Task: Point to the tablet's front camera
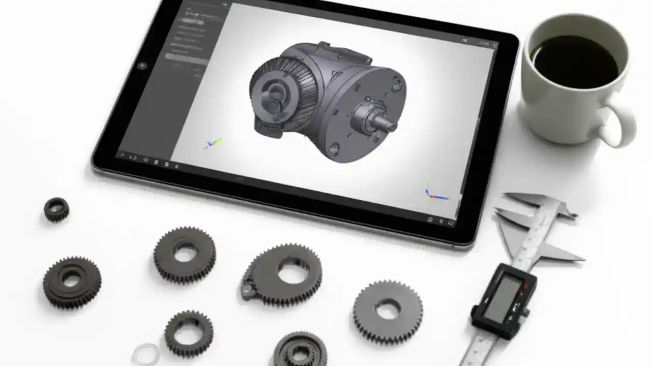pos(142,66)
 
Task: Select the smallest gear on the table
pos(56,209)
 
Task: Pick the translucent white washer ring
pos(145,354)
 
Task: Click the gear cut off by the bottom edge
pos(300,351)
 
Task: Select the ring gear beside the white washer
pos(189,333)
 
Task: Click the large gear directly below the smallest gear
pos(71,281)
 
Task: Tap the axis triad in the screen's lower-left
pos(213,143)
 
